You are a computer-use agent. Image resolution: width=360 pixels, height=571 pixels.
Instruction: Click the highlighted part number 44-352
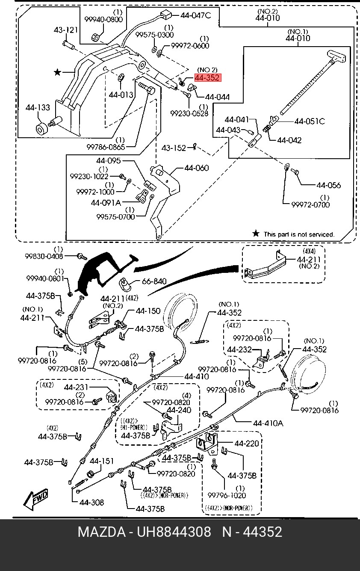[x=207, y=77]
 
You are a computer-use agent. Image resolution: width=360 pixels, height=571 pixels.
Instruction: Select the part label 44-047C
[x=195, y=15]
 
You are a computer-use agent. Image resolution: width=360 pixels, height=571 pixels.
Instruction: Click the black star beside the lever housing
[x=57, y=72]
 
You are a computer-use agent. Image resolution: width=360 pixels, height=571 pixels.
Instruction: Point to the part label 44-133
[x=37, y=108]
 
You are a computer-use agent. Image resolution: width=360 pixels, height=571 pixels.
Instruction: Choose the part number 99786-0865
[x=106, y=147]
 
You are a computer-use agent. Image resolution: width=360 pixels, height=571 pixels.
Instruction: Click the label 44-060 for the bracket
[x=196, y=168]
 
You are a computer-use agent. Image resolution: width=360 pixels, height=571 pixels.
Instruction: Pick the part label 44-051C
[x=309, y=121]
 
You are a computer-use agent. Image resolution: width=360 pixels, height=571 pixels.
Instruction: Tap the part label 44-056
[x=328, y=185]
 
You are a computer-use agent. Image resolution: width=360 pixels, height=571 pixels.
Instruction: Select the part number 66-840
[x=154, y=282]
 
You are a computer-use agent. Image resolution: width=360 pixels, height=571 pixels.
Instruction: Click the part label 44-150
[x=148, y=311]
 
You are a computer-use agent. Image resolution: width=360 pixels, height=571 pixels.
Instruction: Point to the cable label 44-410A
[x=268, y=423]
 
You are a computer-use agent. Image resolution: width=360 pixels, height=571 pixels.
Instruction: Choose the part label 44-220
[x=247, y=444]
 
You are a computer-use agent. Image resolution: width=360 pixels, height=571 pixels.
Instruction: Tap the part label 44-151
[x=102, y=461]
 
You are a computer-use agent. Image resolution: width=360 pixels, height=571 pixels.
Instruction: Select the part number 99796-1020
[x=227, y=495]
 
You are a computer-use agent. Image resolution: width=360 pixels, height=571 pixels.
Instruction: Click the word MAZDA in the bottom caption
[x=101, y=532]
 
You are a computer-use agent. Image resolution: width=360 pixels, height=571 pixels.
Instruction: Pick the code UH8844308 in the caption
[x=174, y=532]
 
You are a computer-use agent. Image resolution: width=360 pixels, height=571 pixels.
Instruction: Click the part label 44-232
[x=239, y=349]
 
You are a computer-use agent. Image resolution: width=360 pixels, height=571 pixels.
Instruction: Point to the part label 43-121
[x=66, y=30]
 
